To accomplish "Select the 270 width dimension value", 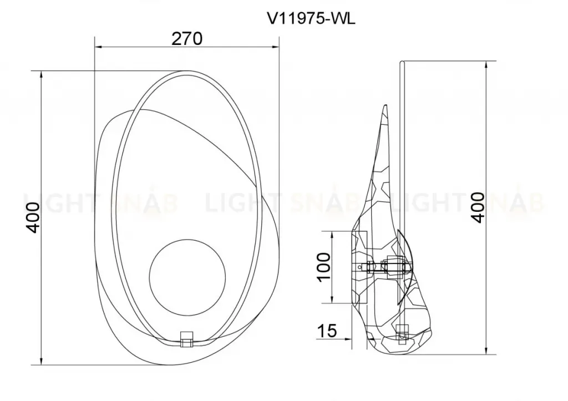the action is (x=186, y=39).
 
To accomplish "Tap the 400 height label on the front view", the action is (x=33, y=217).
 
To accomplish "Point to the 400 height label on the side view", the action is (x=478, y=208).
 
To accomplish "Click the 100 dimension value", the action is (x=324, y=266).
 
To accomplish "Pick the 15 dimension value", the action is (x=327, y=331).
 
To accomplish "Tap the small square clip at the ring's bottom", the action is (x=186, y=338).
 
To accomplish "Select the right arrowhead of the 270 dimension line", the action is (x=276, y=47).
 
